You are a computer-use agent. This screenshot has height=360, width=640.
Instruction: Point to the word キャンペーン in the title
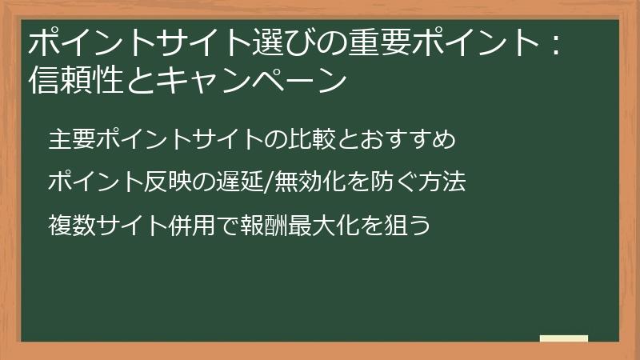click(261, 81)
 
